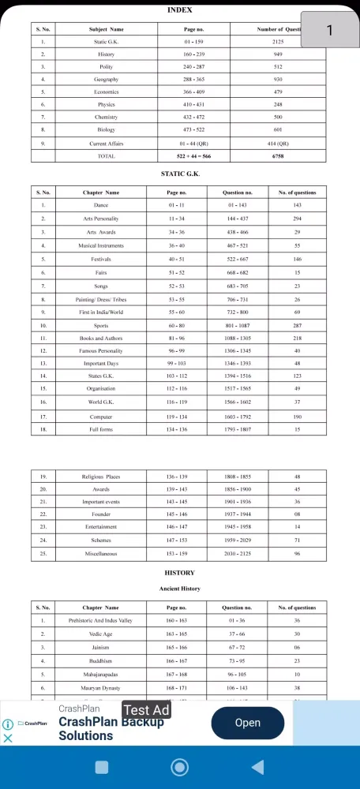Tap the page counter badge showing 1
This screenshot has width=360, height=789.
point(329,30)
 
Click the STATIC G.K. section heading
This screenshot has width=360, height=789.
point(180,174)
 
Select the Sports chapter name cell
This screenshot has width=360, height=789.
point(102,324)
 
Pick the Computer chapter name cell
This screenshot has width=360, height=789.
point(102,416)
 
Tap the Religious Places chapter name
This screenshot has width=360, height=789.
point(102,477)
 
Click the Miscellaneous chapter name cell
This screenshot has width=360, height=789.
point(102,553)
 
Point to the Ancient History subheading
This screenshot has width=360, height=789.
point(180,589)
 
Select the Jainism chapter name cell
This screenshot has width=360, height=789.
point(102,646)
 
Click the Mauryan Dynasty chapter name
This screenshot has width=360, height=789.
point(102,686)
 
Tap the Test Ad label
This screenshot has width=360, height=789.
point(147,710)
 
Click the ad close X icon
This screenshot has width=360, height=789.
point(8,739)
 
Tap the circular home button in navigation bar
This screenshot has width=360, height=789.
point(179,767)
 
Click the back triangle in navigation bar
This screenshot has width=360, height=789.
point(257,767)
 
